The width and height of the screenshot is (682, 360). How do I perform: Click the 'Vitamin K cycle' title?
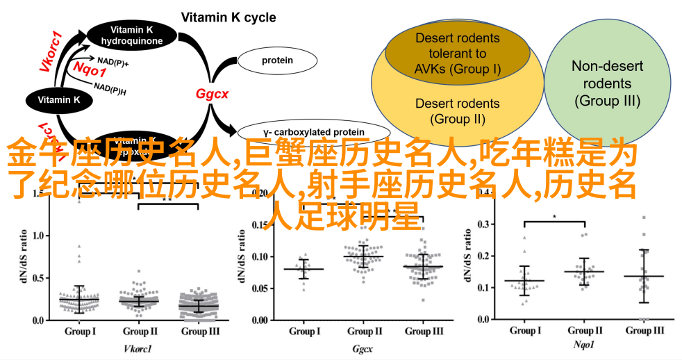point(228,17)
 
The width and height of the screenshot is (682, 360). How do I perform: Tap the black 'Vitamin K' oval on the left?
point(58,100)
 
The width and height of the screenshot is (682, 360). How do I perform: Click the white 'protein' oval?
point(276,60)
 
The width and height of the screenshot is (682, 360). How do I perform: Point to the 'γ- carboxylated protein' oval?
point(303,132)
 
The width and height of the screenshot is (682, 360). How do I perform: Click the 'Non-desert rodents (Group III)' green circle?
point(607,83)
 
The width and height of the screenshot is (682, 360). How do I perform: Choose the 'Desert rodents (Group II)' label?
point(457,111)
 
